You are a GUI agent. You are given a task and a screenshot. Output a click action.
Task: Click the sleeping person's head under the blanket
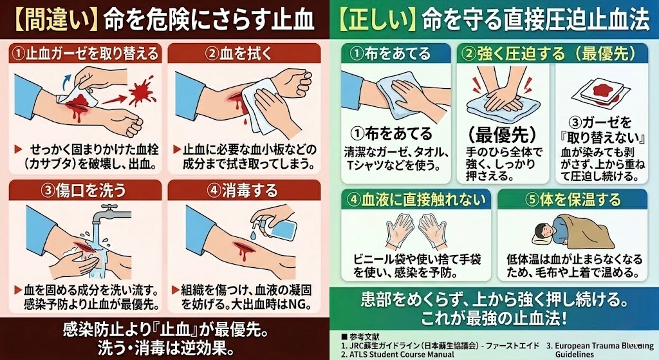tap(543, 228)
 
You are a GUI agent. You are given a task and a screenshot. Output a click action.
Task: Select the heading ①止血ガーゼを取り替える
tap(84, 52)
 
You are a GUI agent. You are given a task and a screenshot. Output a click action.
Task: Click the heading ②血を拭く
tap(245, 52)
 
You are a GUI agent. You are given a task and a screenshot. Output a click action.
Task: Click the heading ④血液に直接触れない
tap(416, 199)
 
